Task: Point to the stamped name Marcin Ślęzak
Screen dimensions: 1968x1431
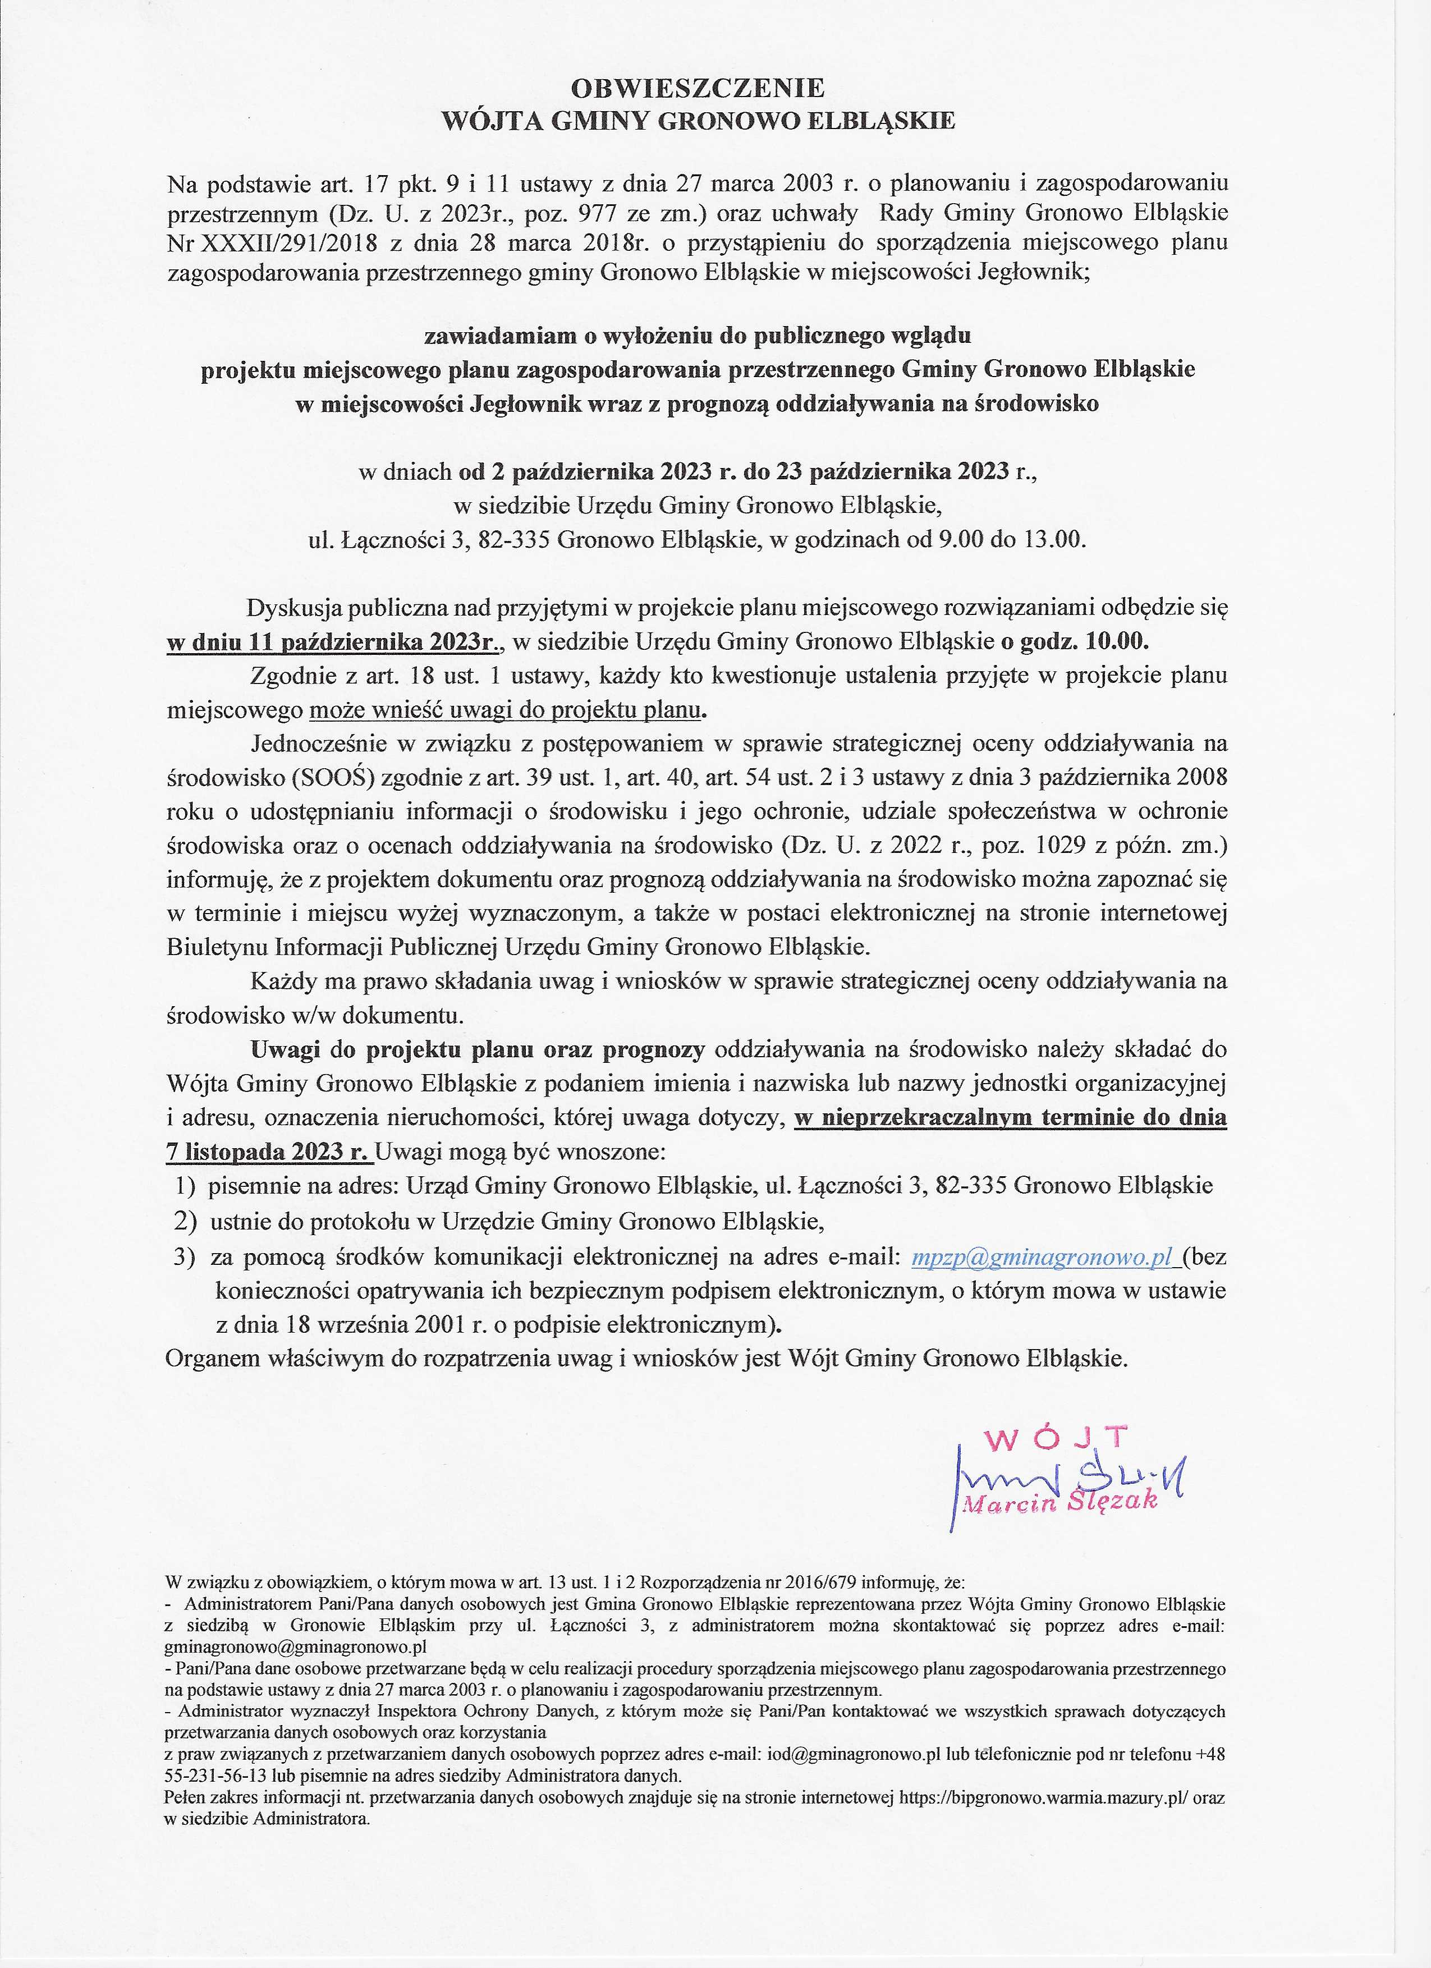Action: tap(1061, 1502)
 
